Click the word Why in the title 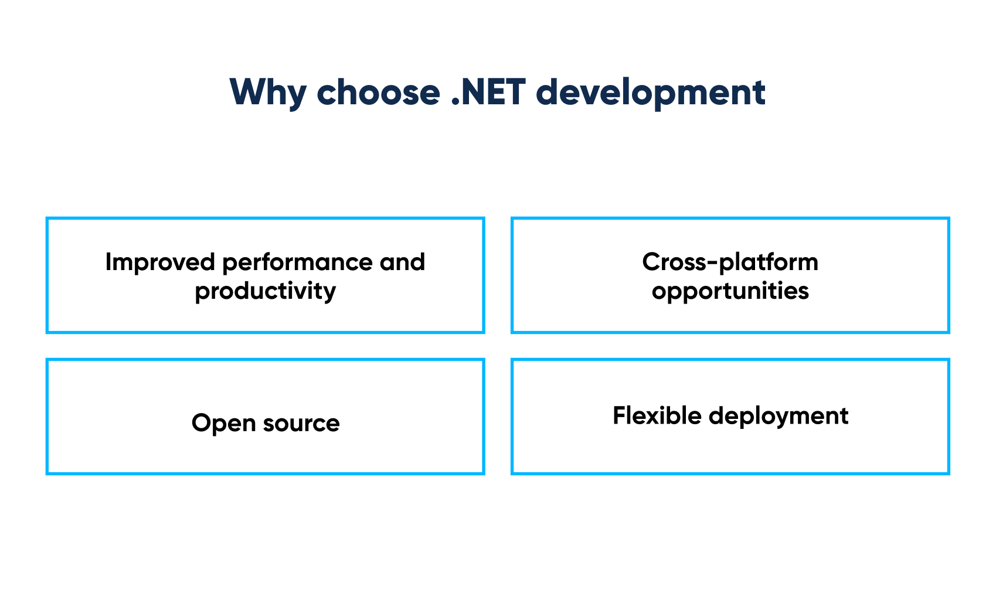click(x=268, y=93)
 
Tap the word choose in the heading click(x=378, y=93)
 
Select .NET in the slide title click(x=488, y=93)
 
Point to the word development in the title click(x=650, y=93)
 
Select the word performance click(x=298, y=262)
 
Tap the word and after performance click(x=402, y=262)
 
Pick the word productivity click(x=266, y=291)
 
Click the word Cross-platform click(x=730, y=262)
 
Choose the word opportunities click(x=730, y=291)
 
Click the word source click(x=301, y=424)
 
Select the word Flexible click(x=657, y=416)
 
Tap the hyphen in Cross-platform click(x=712, y=264)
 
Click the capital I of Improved click(x=108, y=262)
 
